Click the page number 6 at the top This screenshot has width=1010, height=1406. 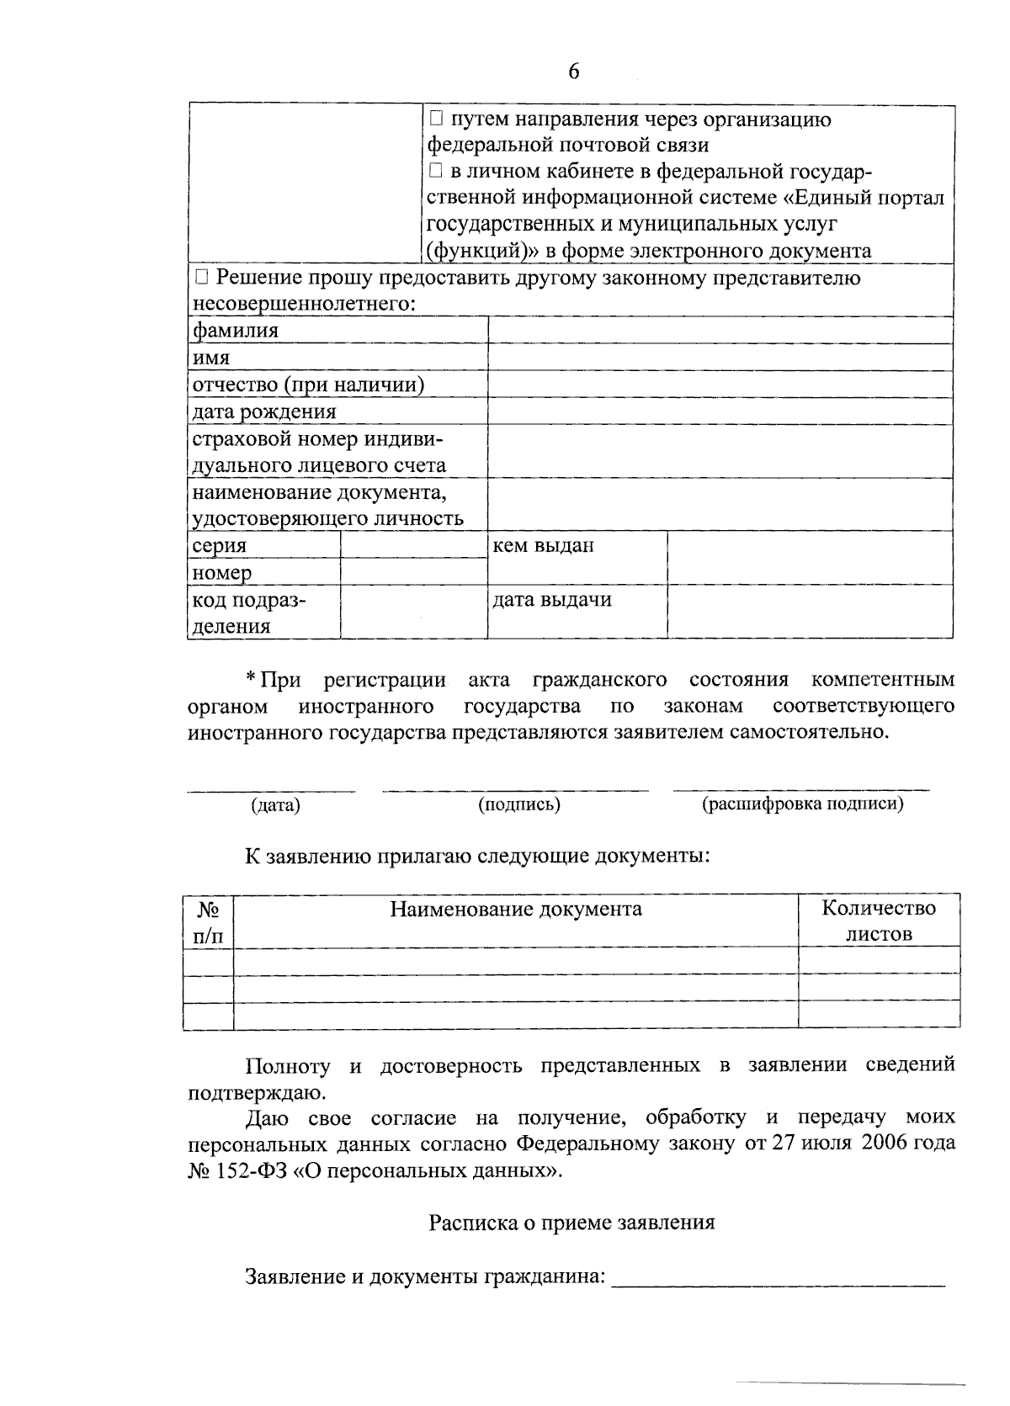point(573,72)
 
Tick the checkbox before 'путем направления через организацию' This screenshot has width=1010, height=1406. point(435,119)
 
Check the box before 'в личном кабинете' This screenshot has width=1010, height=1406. point(435,172)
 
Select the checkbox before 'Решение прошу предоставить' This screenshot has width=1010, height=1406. point(201,278)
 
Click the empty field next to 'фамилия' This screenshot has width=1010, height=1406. point(720,331)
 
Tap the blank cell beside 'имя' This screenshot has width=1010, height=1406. point(720,358)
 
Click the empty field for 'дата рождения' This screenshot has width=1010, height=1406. point(720,411)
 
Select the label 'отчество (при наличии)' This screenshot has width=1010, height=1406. point(308,385)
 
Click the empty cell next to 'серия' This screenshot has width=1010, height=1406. point(413,545)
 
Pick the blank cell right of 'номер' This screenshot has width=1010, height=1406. point(413,572)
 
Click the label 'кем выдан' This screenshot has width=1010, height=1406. point(543,545)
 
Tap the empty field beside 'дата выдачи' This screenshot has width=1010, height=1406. point(810,612)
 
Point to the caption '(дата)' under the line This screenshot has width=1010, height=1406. point(275,805)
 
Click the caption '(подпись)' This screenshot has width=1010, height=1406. point(519,804)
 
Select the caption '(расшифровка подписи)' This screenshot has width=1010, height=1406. point(803,804)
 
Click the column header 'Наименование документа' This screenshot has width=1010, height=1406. point(515,909)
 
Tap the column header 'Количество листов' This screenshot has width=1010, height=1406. point(879,921)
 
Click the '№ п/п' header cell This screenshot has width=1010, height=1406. point(209,922)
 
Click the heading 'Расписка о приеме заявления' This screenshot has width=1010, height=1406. point(571,1223)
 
